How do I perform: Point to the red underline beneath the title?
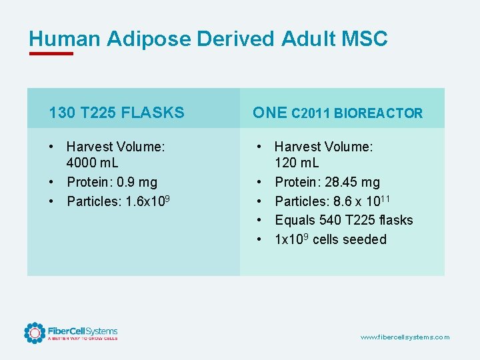click(51, 54)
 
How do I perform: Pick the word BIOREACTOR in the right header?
click(378, 113)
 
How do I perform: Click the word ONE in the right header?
click(269, 113)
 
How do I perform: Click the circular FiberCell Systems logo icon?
click(34, 333)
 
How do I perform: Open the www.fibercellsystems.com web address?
click(405, 337)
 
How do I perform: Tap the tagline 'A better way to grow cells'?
click(82, 339)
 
